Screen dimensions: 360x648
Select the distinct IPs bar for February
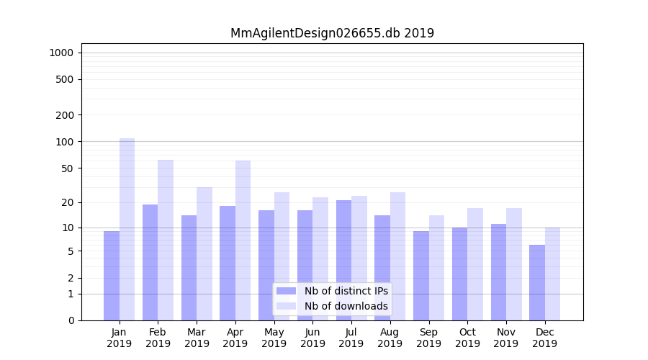[x=150, y=262]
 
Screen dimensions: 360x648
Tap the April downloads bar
[x=243, y=240]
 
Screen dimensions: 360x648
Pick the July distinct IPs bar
[x=343, y=260]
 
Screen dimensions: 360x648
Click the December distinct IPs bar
[x=537, y=282]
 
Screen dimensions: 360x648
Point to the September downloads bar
[x=436, y=267]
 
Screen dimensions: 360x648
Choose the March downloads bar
[x=204, y=253]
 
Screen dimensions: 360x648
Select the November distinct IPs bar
[x=498, y=272]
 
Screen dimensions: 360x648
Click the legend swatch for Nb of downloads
[x=286, y=306]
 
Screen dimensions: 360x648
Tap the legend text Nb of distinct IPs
[x=346, y=291]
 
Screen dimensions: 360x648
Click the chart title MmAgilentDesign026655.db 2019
[x=332, y=33]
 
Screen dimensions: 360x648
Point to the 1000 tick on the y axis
[x=61, y=53]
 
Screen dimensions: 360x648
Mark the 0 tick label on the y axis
[x=71, y=320]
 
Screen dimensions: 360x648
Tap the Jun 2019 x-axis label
[x=312, y=338]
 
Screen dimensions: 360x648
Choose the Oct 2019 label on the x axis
[x=467, y=338]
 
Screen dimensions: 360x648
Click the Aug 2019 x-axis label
[x=390, y=338]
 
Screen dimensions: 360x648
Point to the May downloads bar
[x=282, y=256]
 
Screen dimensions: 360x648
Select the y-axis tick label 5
[x=71, y=251]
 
